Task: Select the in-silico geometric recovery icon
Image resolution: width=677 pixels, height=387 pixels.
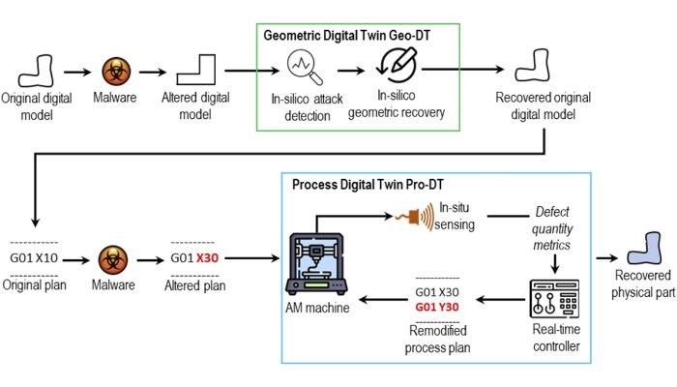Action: pyautogui.click(x=397, y=63)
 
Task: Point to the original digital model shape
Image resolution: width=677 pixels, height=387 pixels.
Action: pyautogui.click(x=38, y=70)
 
